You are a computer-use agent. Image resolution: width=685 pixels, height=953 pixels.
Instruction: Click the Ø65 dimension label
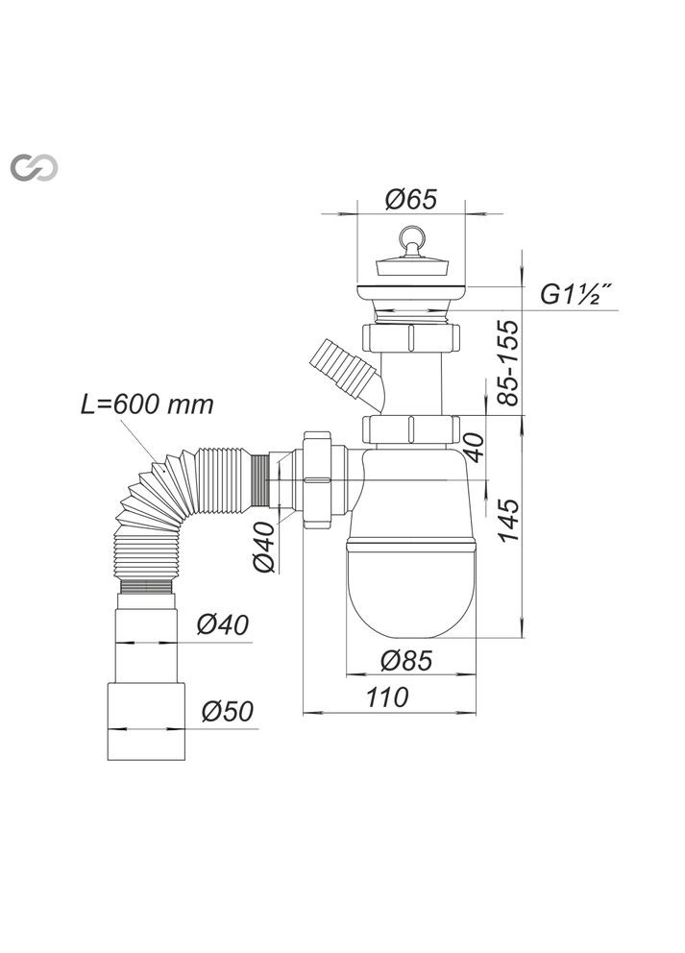click(410, 199)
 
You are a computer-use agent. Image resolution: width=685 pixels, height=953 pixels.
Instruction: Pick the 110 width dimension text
click(387, 698)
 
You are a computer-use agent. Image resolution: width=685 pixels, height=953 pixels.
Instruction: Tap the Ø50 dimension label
click(227, 712)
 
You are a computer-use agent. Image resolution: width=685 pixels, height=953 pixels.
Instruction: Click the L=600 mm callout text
click(147, 404)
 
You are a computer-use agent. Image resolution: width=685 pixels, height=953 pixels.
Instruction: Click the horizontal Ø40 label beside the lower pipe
click(223, 625)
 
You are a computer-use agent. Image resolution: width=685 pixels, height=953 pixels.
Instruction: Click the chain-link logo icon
click(34, 167)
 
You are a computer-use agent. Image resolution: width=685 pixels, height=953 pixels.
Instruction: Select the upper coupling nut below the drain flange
click(411, 338)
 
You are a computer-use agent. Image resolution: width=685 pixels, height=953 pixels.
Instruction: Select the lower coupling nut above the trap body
click(411, 428)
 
